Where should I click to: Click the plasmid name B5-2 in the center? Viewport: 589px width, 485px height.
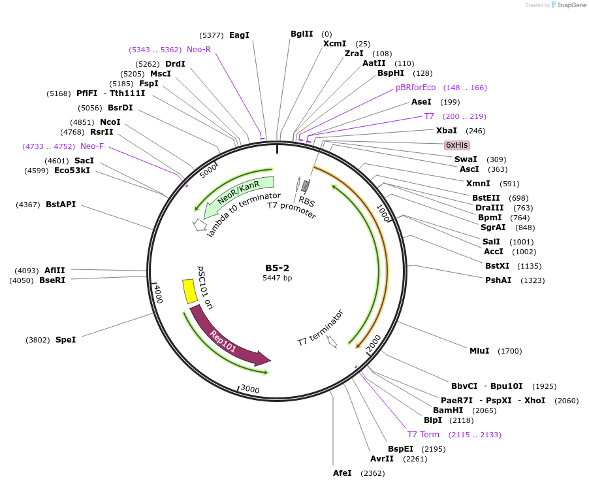point(277,268)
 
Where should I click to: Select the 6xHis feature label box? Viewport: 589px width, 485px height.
point(457,144)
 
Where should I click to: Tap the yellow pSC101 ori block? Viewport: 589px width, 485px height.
point(189,292)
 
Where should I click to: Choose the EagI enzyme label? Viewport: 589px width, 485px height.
point(239,35)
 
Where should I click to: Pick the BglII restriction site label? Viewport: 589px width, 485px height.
point(302,33)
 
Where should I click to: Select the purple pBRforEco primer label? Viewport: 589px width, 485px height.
point(415,88)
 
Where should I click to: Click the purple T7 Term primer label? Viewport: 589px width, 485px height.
point(423,435)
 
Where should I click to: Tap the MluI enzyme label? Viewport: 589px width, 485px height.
point(479,351)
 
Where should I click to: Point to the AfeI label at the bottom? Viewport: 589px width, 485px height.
point(342,473)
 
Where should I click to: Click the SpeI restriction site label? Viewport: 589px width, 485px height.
point(65,340)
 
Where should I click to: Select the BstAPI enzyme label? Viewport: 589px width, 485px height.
point(61,205)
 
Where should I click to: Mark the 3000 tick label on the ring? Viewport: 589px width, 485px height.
point(250,390)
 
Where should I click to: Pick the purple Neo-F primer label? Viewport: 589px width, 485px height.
point(92,146)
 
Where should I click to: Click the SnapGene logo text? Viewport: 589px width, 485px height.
point(571,5)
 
